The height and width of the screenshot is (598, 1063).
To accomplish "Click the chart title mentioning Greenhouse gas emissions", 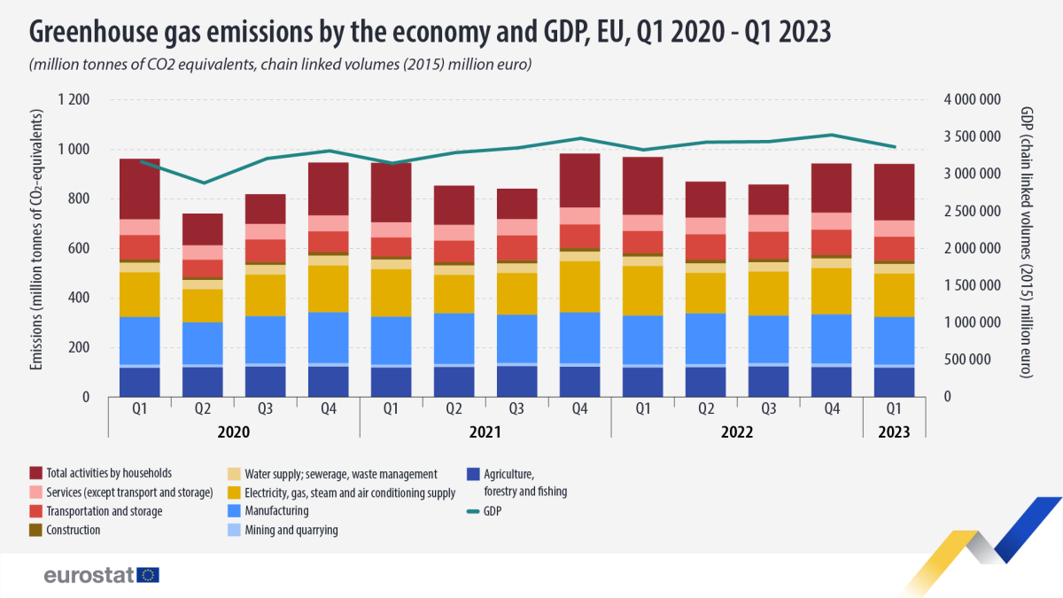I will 431,32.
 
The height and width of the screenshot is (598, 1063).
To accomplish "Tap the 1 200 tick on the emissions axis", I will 74,99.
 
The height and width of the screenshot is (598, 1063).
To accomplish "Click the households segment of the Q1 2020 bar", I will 140,189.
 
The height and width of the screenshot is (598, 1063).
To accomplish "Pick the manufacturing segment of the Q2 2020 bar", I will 203,342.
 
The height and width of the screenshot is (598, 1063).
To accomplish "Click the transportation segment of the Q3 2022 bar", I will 769,245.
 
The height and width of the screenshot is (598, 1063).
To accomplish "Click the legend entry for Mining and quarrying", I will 286,530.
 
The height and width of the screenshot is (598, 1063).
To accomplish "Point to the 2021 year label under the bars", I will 485,432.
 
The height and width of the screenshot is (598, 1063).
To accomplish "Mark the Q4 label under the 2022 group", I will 832,409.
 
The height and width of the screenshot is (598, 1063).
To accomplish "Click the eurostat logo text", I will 89,576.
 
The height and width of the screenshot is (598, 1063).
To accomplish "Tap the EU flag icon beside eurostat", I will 149,576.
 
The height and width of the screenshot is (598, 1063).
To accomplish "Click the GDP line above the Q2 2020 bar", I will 204,183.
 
